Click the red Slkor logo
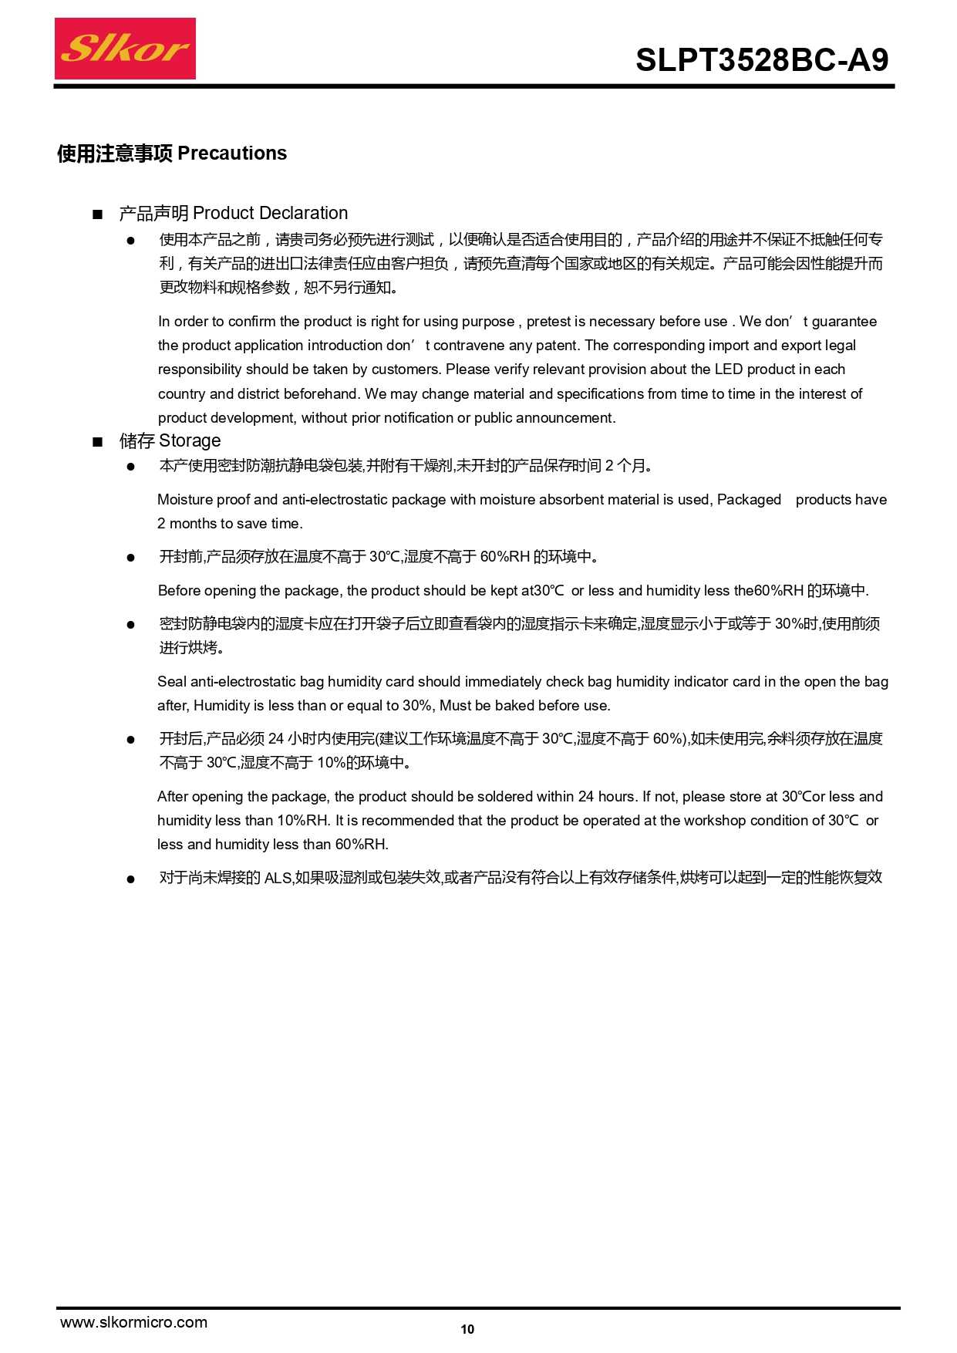[x=125, y=49]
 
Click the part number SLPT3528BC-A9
[x=762, y=60]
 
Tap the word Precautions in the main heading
[x=232, y=154]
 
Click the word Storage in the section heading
[x=190, y=440]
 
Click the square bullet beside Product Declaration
[x=97, y=214]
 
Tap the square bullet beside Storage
[x=97, y=442]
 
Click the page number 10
[x=467, y=1329]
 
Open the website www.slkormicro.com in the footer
[x=133, y=1322]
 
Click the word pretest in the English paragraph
[x=548, y=322]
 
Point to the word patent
[x=558, y=346]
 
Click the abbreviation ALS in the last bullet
[x=278, y=878]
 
